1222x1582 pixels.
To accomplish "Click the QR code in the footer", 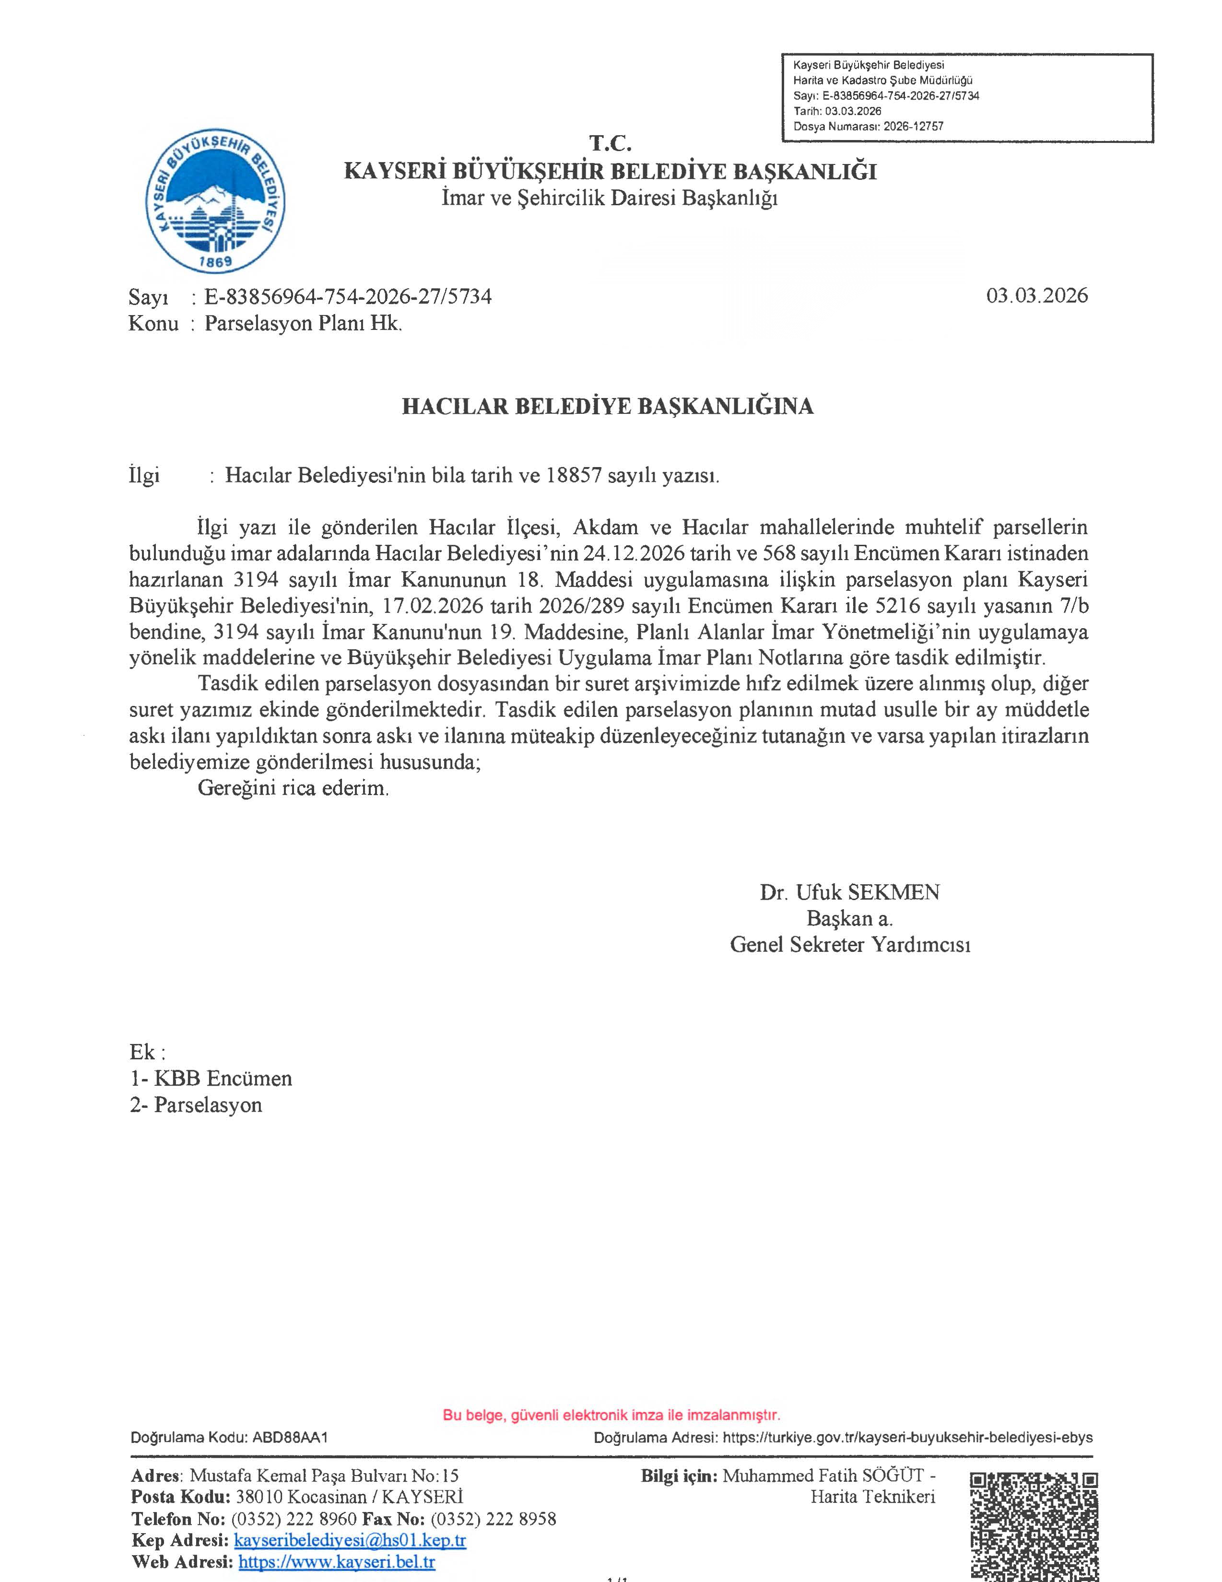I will [1034, 1525].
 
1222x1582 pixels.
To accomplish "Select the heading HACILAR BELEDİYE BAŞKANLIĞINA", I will [607, 406].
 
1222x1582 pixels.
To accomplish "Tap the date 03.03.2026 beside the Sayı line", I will [1036, 295].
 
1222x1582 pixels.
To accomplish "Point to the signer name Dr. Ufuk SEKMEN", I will [849, 892].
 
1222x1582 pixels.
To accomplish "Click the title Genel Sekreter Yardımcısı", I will [850, 945].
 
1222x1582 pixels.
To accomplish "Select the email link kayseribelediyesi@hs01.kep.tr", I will [350, 1540].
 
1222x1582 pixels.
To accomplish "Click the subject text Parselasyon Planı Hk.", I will [303, 323].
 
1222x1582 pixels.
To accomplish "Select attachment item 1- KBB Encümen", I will [211, 1078].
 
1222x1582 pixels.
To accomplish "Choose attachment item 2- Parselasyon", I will [196, 1105].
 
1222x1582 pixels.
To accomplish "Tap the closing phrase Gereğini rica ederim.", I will [294, 788].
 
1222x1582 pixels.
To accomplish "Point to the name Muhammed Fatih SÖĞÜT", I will [823, 1476].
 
